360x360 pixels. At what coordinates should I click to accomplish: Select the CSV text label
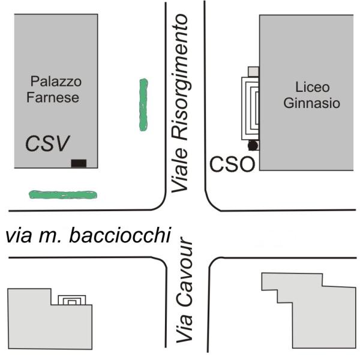pos(47,143)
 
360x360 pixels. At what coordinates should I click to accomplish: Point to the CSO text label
pos(232,164)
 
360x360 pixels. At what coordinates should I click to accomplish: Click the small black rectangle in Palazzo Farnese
pos(79,163)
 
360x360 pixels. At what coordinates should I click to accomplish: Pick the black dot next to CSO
pos(253,145)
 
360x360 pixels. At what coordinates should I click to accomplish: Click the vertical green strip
pos(143,104)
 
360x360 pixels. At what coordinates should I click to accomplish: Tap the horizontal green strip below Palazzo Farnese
pos(63,194)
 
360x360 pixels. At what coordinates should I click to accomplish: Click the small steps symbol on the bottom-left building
pos(71,300)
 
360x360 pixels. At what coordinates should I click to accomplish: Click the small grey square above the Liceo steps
pos(253,71)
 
